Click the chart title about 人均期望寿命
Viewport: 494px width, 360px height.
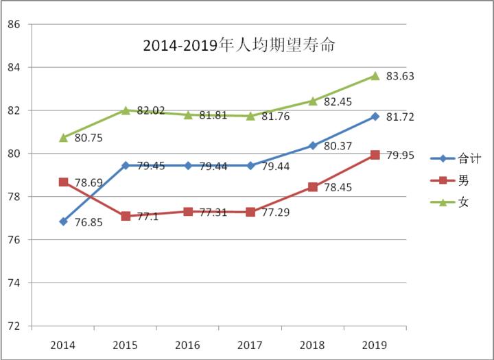point(239,45)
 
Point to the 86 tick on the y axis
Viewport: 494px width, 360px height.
point(14,25)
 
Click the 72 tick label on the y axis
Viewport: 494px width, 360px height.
point(14,326)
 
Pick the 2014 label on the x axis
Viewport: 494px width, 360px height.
point(63,344)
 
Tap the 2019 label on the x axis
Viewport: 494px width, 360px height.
point(375,344)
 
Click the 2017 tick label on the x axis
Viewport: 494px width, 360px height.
point(250,344)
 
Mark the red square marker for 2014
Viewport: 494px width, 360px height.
point(63,182)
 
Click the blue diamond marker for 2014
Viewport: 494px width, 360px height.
point(63,221)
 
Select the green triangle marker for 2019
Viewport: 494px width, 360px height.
point(375,75)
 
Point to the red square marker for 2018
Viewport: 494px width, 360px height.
point(313,187)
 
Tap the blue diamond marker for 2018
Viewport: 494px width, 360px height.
point(313,145)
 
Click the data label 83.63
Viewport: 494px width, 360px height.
point(401,75)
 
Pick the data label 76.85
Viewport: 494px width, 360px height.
point(89,224)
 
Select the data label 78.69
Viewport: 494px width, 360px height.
point(89,184)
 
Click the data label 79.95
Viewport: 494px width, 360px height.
point(401,156)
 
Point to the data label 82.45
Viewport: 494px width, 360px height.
point(338,101)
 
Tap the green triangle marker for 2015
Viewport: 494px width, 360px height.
point(126,110)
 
